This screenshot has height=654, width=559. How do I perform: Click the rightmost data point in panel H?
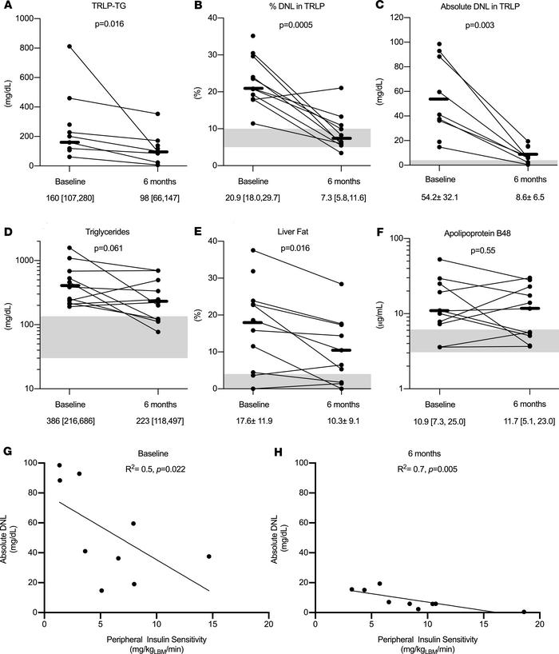coord(524,612)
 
